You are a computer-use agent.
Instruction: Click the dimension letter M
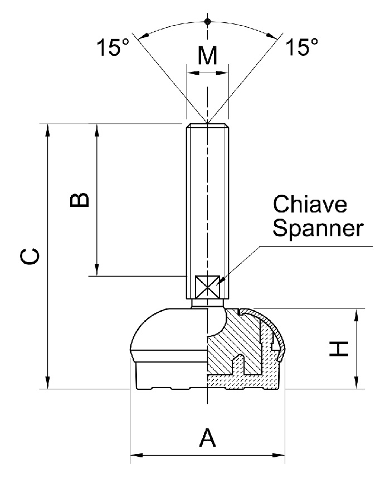pos(207,57)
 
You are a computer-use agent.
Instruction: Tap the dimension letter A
pos(207,437)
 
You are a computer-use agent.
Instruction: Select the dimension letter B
pos(80,200)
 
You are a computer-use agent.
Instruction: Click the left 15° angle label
pos(114,48)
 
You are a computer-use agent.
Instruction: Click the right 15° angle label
pos(303,48)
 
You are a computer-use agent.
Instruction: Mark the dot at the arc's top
pos(207,22)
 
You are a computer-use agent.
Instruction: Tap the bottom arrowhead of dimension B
pos(97,270)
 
